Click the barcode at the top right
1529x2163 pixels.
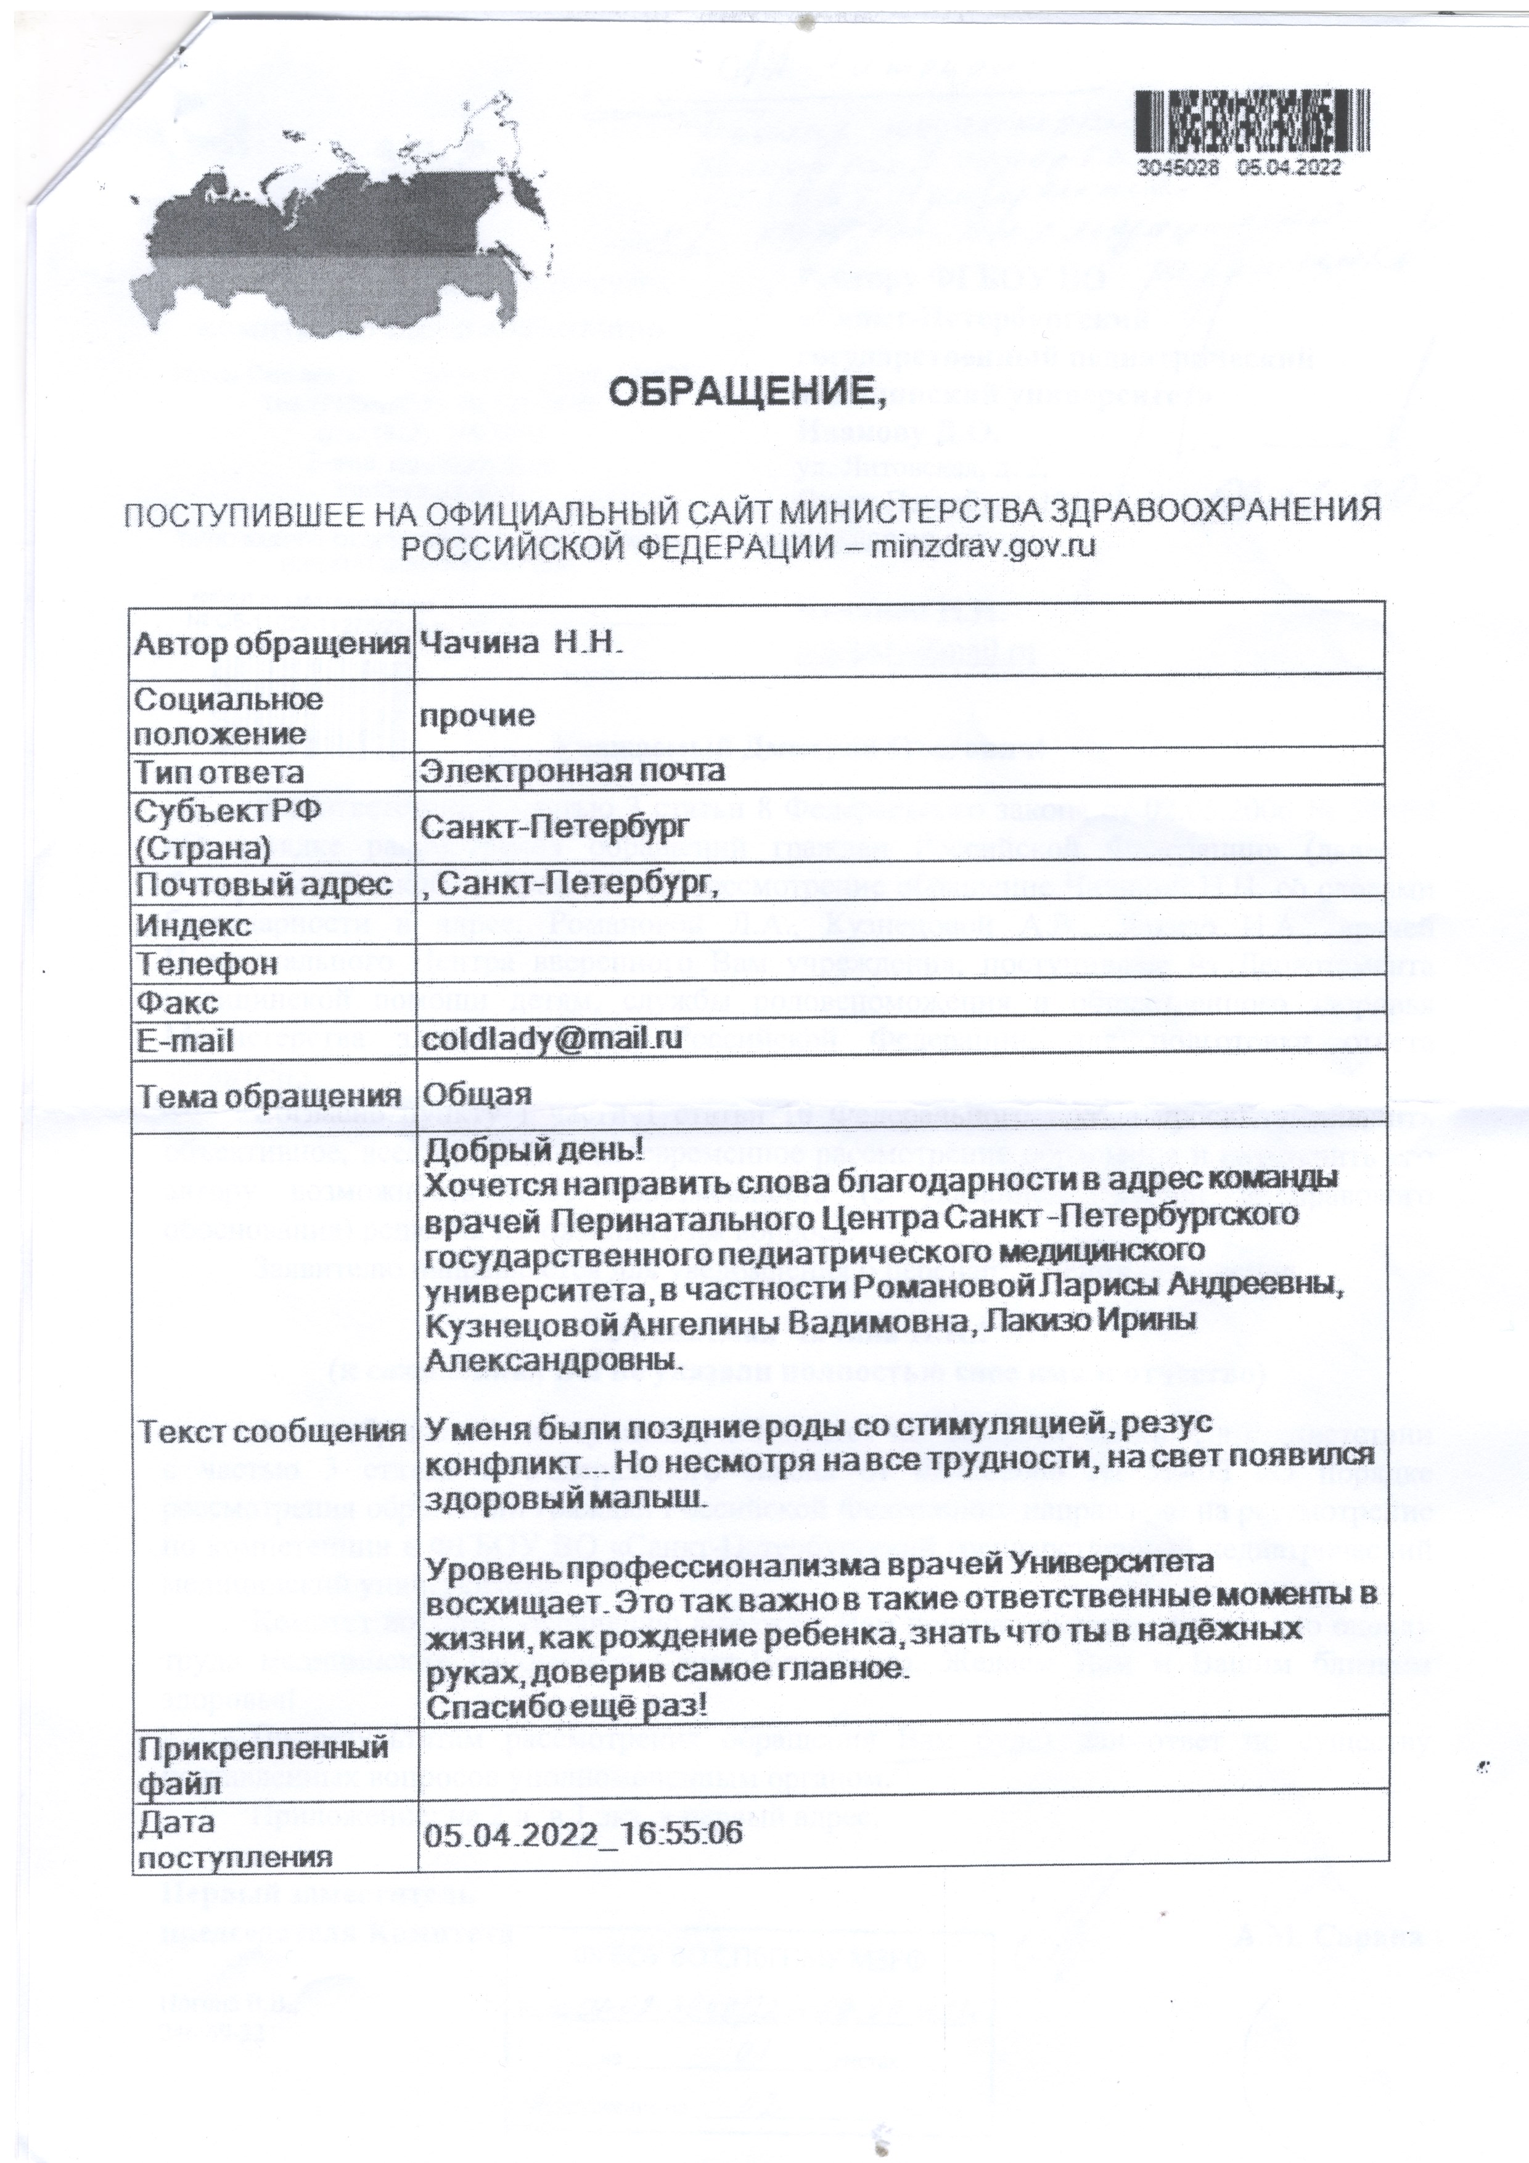pos(1251,123)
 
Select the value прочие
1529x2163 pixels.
pos(477,716)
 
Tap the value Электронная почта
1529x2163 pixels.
pos(573,771)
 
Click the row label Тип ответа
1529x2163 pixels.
pos(219,773)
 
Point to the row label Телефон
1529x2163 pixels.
pos(207,964)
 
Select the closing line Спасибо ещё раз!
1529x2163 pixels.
pos(567,1707)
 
